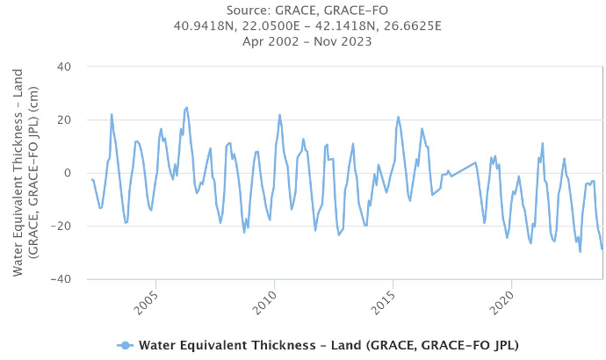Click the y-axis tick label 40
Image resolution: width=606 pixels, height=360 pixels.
click(65, 67)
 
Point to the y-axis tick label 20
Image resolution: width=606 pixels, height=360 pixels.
click(65, 120)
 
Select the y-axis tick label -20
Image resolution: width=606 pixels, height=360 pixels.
click(62, 227)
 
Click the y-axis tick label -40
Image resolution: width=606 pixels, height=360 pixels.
click(62, 279)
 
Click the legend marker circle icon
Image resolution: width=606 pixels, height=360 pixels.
click(126, 344)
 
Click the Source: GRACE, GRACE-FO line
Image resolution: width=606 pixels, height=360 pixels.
click(303, 11)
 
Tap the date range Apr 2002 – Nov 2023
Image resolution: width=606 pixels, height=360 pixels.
click(303, 40)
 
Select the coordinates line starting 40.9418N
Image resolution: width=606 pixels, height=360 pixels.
click(303, 25)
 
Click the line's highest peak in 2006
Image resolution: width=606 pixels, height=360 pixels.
click(187, 107)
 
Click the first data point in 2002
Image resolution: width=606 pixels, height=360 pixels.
click(91, 179)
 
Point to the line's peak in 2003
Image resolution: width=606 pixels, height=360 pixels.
click(112, 114)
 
